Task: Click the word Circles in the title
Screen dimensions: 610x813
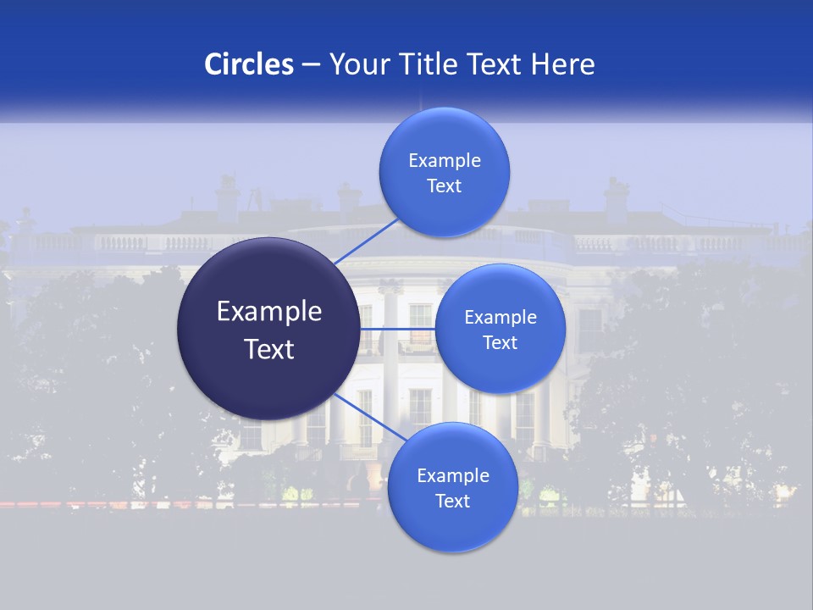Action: (249, 64)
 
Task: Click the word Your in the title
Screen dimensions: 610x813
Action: (357, 64)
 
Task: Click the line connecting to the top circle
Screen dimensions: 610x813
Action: (366, 241)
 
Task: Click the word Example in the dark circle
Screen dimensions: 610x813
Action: (269, 312)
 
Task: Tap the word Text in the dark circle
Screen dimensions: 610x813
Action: (269, 349)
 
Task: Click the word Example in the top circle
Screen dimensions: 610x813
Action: (445, 161)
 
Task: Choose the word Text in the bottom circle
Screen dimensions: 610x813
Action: (453, 502)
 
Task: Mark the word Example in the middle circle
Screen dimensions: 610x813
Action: (501, 318)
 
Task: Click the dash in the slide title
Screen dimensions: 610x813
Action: (311, 65)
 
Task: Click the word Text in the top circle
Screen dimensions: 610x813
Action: (445, 186)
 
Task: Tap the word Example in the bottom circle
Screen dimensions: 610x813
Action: (453, 476)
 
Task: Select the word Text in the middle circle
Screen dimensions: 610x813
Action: (501, 343)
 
